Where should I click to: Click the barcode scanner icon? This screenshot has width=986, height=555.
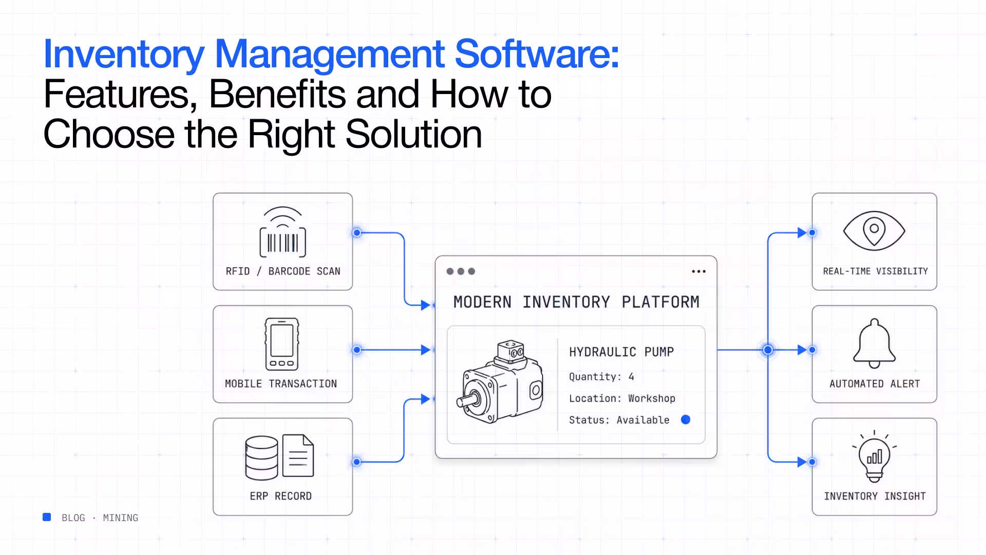pos(282,232)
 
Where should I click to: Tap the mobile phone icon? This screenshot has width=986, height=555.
pos(282,344)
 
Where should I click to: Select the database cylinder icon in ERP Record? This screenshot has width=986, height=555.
pos(261,457)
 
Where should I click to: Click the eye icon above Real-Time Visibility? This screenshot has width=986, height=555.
pos(874,231)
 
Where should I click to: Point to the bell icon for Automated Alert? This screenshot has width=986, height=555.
pos(874,343)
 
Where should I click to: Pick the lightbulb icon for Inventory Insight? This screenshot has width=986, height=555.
pos(874,456)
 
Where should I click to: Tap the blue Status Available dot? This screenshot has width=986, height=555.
pos(686,420)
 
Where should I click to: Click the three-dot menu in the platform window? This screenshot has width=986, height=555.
pos(698,271)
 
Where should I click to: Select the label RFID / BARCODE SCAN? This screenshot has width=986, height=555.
pos(283,271)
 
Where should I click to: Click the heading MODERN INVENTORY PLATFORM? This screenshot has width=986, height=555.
pos(576,302)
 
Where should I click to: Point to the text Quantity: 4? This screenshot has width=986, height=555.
pos(601,377)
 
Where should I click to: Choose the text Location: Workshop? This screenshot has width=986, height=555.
pos(622,398)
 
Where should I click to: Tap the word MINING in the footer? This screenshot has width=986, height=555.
pos(121,518)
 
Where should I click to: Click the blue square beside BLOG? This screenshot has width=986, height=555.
pos(47,517)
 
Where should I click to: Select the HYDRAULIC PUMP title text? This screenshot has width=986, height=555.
pos(621,352)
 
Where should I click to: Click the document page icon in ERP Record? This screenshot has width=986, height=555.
pos(298,456)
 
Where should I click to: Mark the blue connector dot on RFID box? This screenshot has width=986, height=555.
pos(357,233)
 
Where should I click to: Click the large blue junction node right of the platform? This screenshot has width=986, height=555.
pos(768,350)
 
